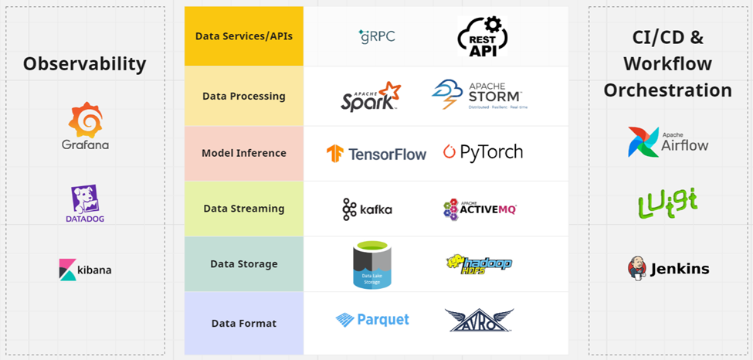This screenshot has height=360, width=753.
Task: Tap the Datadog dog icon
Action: pos(85,199)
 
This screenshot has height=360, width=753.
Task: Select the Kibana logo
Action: pos(85,270)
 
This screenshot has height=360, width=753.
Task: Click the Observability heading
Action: pos(84,63)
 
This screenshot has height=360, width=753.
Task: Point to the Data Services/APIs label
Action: pos(244,36)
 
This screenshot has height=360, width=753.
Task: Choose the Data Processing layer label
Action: pos(244,97)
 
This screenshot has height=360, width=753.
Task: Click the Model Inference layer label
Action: pos(244,153)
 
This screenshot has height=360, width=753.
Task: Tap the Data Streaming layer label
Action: pos(244,209)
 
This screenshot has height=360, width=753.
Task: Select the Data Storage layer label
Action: pos(244,264)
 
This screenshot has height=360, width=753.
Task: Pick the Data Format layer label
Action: pos(244,323)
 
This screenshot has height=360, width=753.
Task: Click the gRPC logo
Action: pos(377,36)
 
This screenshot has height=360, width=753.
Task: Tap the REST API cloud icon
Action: pos(483,36)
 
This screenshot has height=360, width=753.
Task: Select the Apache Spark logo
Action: pos(371,97)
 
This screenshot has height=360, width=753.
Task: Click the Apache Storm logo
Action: pos(478,95)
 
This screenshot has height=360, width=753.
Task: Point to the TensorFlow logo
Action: pos(376,154)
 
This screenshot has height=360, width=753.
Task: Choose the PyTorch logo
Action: pos(483,152)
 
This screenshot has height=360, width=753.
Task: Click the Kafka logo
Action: pos(367,209)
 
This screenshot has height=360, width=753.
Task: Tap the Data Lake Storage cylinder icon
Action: pos(373,265)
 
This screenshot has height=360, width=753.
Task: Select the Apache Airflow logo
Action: pos(668,142)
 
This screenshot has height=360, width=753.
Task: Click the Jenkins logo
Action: pos(668,269)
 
